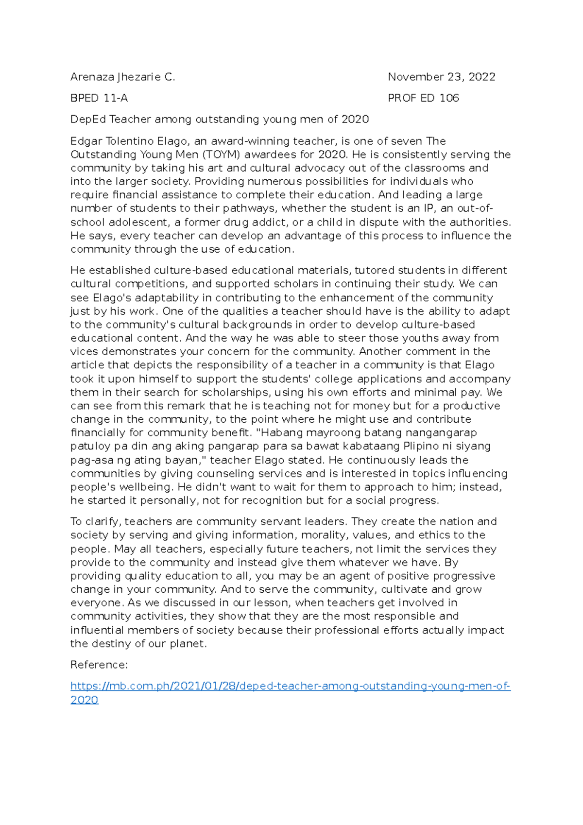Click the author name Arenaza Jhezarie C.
pyautogui.click(x=122, y=77)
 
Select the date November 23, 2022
pyautogui.click(x=441, y=77)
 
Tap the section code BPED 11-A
pyautogui.click(x=99, y=98)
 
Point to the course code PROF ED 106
pyautogui.click(x=423, y=98)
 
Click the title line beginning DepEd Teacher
pyautogui.click(x=220, y=120)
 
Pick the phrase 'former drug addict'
pyautogui.click(x=236, y=223)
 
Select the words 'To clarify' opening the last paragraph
pyautogui.click(x=95, y=522)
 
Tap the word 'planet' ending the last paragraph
pyautogui.click(x=188, y=644)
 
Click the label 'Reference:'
pyautogui.click(x=99, y=665)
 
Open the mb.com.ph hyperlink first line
pyautogui.click(x=290, y=687)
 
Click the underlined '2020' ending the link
pyautogui.click(x=84, y=700)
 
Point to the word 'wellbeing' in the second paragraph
pyautogui.click(x=145, y=487)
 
